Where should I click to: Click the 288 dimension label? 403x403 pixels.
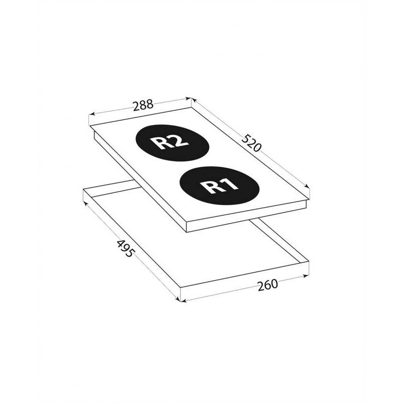coord(143,105)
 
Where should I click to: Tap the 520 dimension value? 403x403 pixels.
coord(251,143)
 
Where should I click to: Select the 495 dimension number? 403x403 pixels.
coord(125,248)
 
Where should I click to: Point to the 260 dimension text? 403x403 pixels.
coord(268,285)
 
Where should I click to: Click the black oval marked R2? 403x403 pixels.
coord(172,143)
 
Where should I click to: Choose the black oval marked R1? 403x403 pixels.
coord(219,185)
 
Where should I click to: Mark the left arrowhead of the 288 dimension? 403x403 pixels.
coord(92,114)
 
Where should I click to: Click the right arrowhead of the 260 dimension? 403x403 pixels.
coord(306,276)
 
